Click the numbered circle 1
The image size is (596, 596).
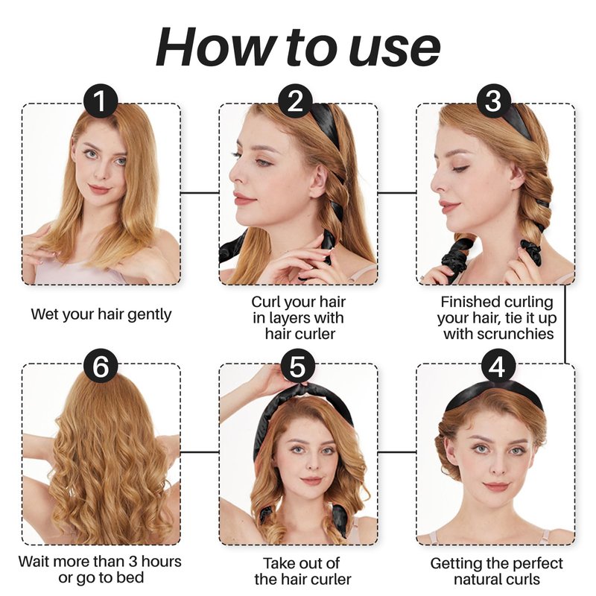click(101, 101)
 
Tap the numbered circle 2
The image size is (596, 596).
click(295, 101)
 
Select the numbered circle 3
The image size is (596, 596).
click(494, 101)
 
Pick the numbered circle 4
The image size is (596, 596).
click(498, 367)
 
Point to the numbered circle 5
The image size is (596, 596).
click(298, 367)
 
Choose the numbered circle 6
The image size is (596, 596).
click(101, 367)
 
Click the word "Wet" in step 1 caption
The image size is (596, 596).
click(42, 314)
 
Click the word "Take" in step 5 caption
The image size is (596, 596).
click(279, 563)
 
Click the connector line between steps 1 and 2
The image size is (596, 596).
click(200, 193)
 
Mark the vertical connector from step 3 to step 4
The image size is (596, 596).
click(565, 324)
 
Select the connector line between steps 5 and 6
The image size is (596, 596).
click(200, 452)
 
